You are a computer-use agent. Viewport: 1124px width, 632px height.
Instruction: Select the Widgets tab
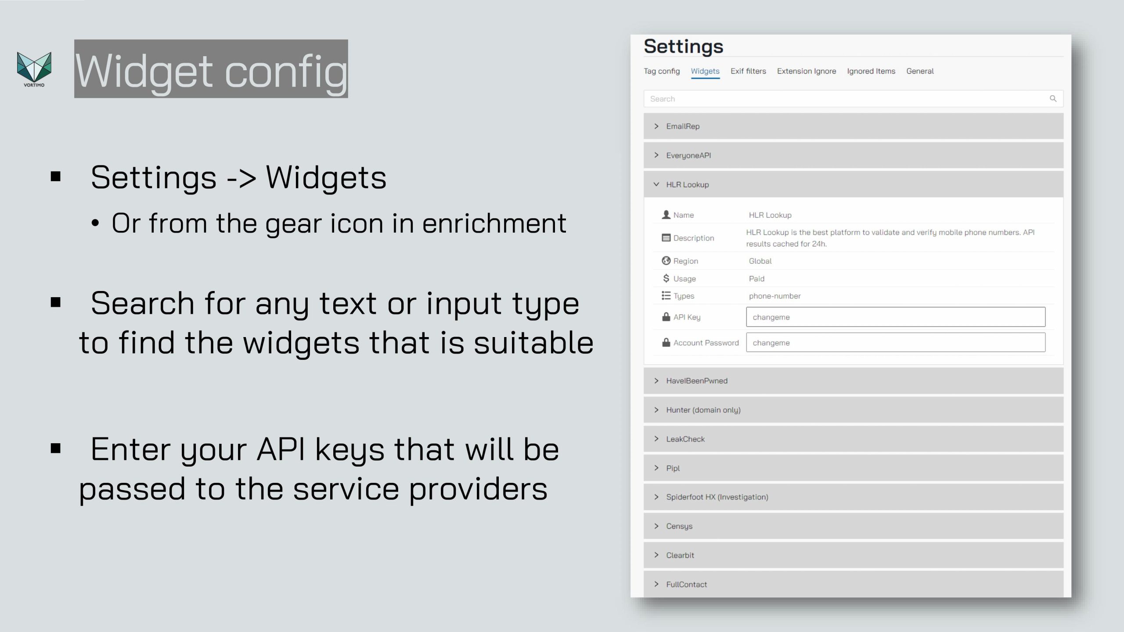(x=705, y=71)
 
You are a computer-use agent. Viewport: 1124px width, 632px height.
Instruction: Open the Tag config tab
(x=662, y=71)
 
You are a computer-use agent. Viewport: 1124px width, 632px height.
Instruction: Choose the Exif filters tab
(x=748, y=71)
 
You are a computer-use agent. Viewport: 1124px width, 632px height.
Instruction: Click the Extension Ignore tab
(x=807, y=71)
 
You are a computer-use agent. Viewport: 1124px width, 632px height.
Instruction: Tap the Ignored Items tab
(x=871, y=71)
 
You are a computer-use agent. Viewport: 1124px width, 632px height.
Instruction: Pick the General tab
(x=920, y=71)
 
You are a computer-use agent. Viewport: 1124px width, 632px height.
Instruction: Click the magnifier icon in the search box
(x=1053, y=99)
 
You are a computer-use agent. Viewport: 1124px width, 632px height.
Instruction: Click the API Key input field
(x=896, y=317)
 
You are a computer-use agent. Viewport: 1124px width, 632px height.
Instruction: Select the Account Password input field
(x=896, y=342)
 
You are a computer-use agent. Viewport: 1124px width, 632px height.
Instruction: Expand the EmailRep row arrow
(x=656, y=126)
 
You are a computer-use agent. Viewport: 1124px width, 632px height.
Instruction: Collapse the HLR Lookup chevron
(x=656, y=184)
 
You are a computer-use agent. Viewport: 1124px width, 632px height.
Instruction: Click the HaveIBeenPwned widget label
(x=697, y=381)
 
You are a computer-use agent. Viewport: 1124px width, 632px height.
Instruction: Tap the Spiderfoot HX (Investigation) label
(x=717, y=497)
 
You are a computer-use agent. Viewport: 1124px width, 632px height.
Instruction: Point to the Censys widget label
(x=679, y=526)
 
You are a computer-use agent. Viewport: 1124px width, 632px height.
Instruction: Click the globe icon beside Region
(x=666, y=261)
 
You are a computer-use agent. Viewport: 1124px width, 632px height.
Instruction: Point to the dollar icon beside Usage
(x=666, y=278)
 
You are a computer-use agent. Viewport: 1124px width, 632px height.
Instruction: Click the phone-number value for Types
(x=775, y=296)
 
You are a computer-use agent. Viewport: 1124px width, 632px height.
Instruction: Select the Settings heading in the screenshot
(x=684, y=47)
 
